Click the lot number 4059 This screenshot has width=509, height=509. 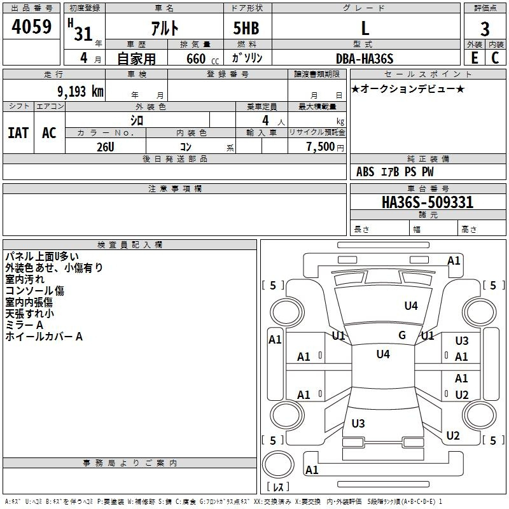coord(31,27)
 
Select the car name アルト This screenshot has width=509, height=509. coord(165,28)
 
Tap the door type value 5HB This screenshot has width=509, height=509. coord(246,28)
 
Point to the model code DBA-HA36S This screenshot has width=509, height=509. coord(365,59)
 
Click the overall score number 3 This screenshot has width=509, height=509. coord(485,29)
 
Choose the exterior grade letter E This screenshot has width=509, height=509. coord(475,58)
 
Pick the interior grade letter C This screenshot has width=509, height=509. coord(495,58)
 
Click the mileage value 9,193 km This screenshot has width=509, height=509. coord(81,92)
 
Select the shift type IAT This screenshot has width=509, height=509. coord(18,133)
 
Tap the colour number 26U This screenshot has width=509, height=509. coord(106,147)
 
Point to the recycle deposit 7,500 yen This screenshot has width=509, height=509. coord(325,147)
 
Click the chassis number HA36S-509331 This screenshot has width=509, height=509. coord(428,202)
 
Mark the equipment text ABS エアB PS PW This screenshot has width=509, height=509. coord(394,172)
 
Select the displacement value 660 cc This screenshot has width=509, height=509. coord(203,59)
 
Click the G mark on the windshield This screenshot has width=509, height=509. coord(402,335)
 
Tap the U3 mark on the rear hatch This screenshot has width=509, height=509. coord(358,423)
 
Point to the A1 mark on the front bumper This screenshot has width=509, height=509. coord(454,261)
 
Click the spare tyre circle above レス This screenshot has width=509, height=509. coord(278,464)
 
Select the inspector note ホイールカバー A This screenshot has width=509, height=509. coord(44,337)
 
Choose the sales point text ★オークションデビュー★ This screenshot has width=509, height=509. coord(408,88)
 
